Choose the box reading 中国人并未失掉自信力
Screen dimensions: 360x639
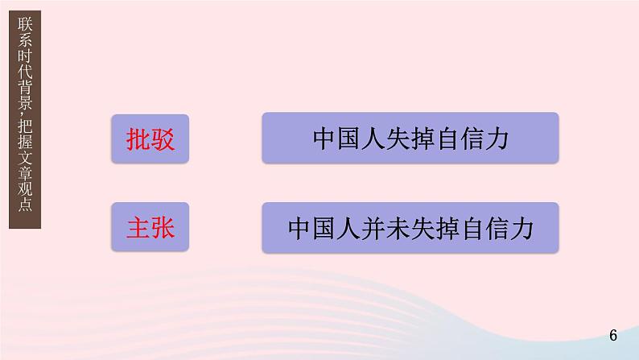click(x=410, y=229)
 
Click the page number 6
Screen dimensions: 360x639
click(x=613, y=335)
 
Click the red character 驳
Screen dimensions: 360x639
click(x=163, y=138)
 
